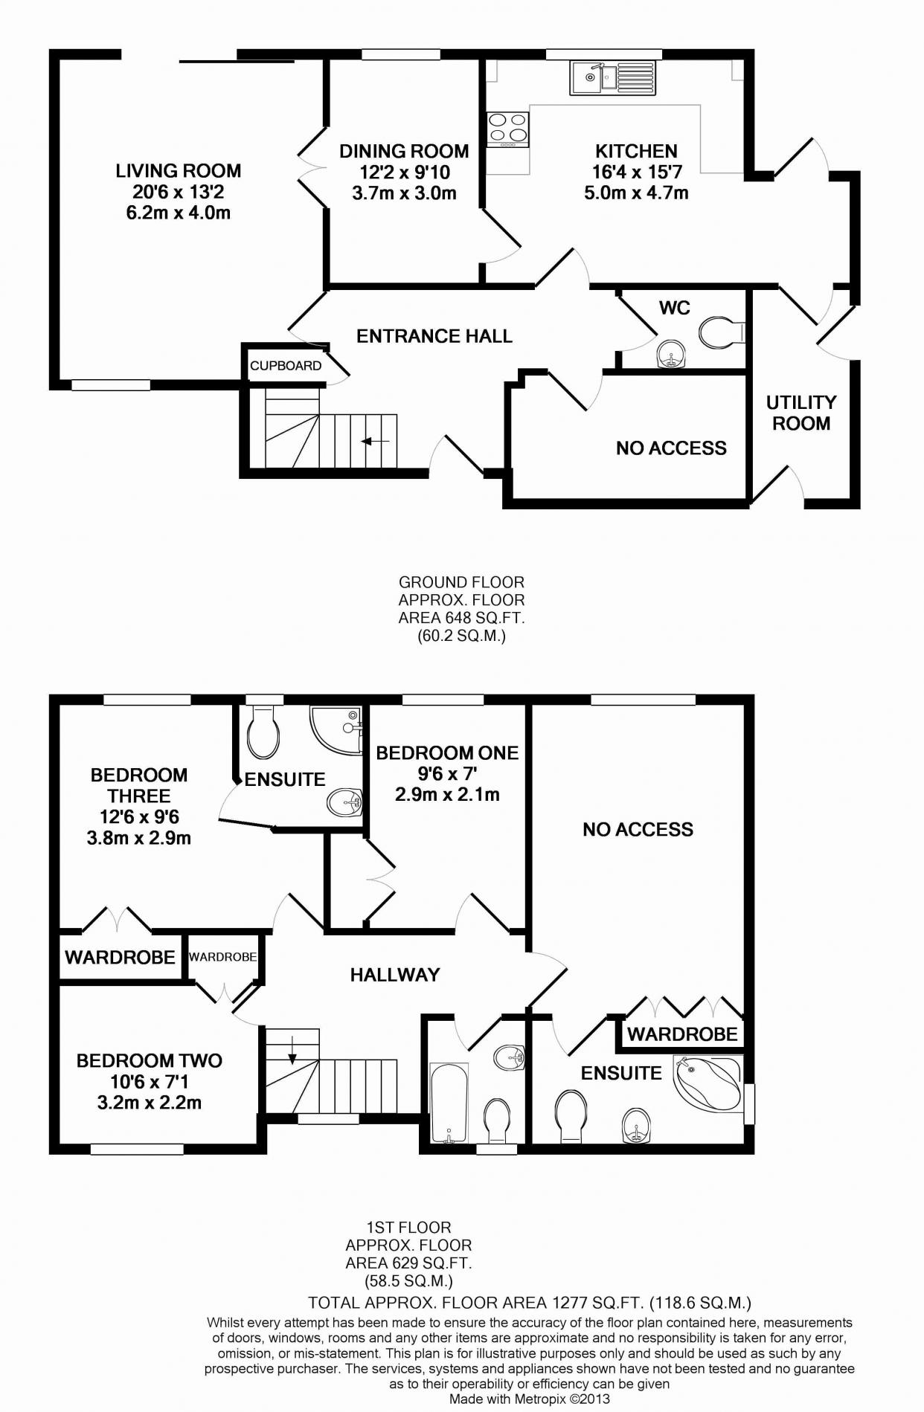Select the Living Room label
tap(178, 171)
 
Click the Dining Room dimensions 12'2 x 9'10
tap(404, 173)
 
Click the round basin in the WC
tap(671, 355)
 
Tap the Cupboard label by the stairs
tap(286, 366)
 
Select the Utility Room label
tap(801, 413)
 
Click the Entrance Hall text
tap(434, 336)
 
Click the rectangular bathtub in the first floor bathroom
tap(449, 1103)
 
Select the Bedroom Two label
tap(150, 1060)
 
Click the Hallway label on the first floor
tap(395, 974)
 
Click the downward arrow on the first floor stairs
tap(291, 1051)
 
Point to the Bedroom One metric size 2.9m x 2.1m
tap(447, 794)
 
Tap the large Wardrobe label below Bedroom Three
tap(120, 957)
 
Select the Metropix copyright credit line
tap(529, 1399)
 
